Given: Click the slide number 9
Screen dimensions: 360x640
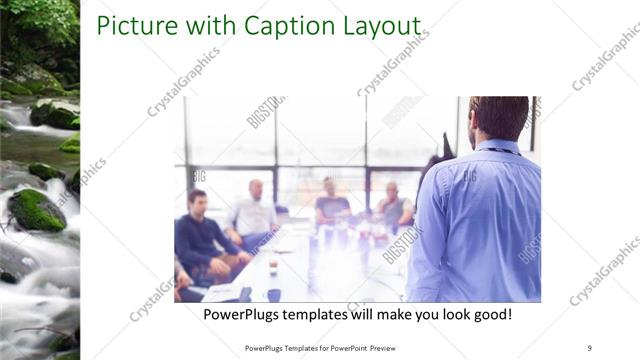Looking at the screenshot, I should (590, 347).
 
